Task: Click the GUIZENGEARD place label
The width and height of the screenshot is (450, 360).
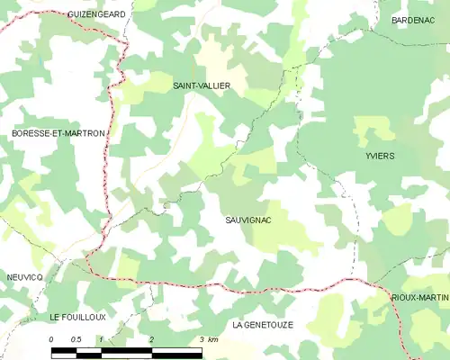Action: [x=95, y=14]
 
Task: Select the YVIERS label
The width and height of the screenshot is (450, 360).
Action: [x=380, y=156]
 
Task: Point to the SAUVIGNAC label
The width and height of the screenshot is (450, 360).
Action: [x=249, y=220]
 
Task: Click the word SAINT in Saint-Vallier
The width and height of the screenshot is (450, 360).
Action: [x=186, y=85]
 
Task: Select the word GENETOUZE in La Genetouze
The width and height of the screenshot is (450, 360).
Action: [x=274, y=323]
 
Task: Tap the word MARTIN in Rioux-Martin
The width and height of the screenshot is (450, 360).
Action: [x=436, y=297]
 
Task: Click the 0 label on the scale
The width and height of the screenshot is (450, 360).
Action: [x=51, y=338]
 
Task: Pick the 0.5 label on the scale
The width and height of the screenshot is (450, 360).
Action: [x=76, y=338]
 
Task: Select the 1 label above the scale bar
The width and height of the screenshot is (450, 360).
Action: [x=102, y=338]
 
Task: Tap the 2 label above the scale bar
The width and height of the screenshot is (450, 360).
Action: [x=152, y=338]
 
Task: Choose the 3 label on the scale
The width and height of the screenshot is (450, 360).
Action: [x=202, y=338]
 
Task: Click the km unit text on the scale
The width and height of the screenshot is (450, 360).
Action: [x=213, y=338]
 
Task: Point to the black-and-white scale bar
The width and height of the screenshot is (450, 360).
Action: [x=126, y=349]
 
